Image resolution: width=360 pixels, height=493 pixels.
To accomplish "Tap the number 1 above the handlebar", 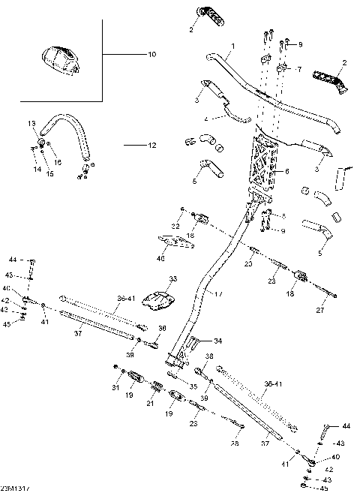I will (x=232, y=47).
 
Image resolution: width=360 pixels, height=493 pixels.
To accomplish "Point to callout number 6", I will (x=286, y=171).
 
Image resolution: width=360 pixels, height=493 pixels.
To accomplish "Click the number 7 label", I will (x=298, y=69).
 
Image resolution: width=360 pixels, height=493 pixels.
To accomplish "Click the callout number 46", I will (x=160, y=258).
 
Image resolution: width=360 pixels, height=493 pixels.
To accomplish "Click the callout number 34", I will (x=218, y=341).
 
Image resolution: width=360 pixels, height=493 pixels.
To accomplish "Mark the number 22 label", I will (x=174, y=226).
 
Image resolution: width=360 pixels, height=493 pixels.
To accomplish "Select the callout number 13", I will (x=32, y=123).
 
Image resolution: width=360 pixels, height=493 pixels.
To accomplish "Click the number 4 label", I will (x=205, y=119).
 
